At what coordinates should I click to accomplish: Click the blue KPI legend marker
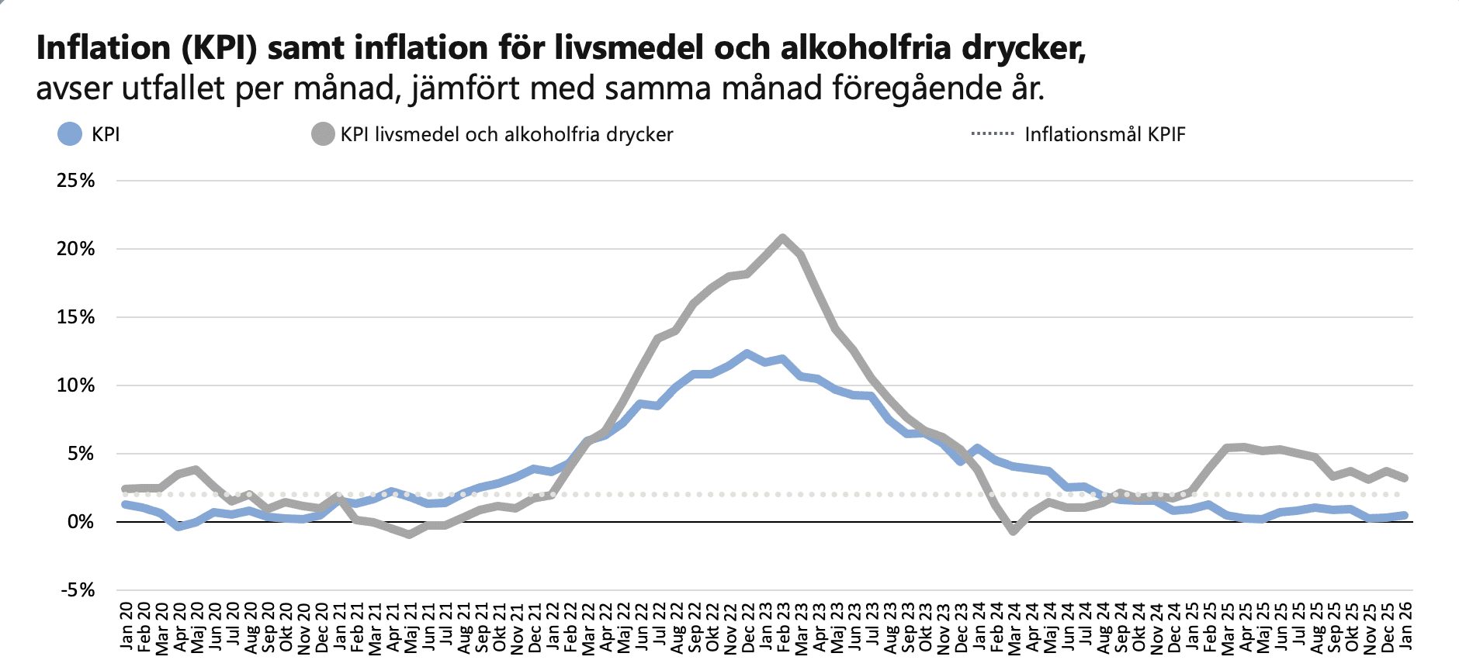pos(70,134)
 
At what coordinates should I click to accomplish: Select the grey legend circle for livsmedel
pos(323,134)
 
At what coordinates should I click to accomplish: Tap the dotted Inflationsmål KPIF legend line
pos(993,134)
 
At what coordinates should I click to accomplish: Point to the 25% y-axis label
pos(76,181)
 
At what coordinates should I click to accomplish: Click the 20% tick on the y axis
pos(76,249)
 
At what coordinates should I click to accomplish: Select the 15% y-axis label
pos(76,317)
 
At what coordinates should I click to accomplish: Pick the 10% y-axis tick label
pos(76,385)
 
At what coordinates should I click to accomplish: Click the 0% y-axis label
pos(81,522)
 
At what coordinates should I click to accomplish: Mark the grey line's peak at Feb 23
pos(782,237)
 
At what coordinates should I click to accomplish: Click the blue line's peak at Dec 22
pos(747,354)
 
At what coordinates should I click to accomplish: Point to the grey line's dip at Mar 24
pos(1013,531)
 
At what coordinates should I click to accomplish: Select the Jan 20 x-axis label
pos(126,625)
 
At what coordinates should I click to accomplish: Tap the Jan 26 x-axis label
pos(1405,625)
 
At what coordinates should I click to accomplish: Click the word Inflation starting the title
pos(103,48)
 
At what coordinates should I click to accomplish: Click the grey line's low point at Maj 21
pos(409,534)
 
